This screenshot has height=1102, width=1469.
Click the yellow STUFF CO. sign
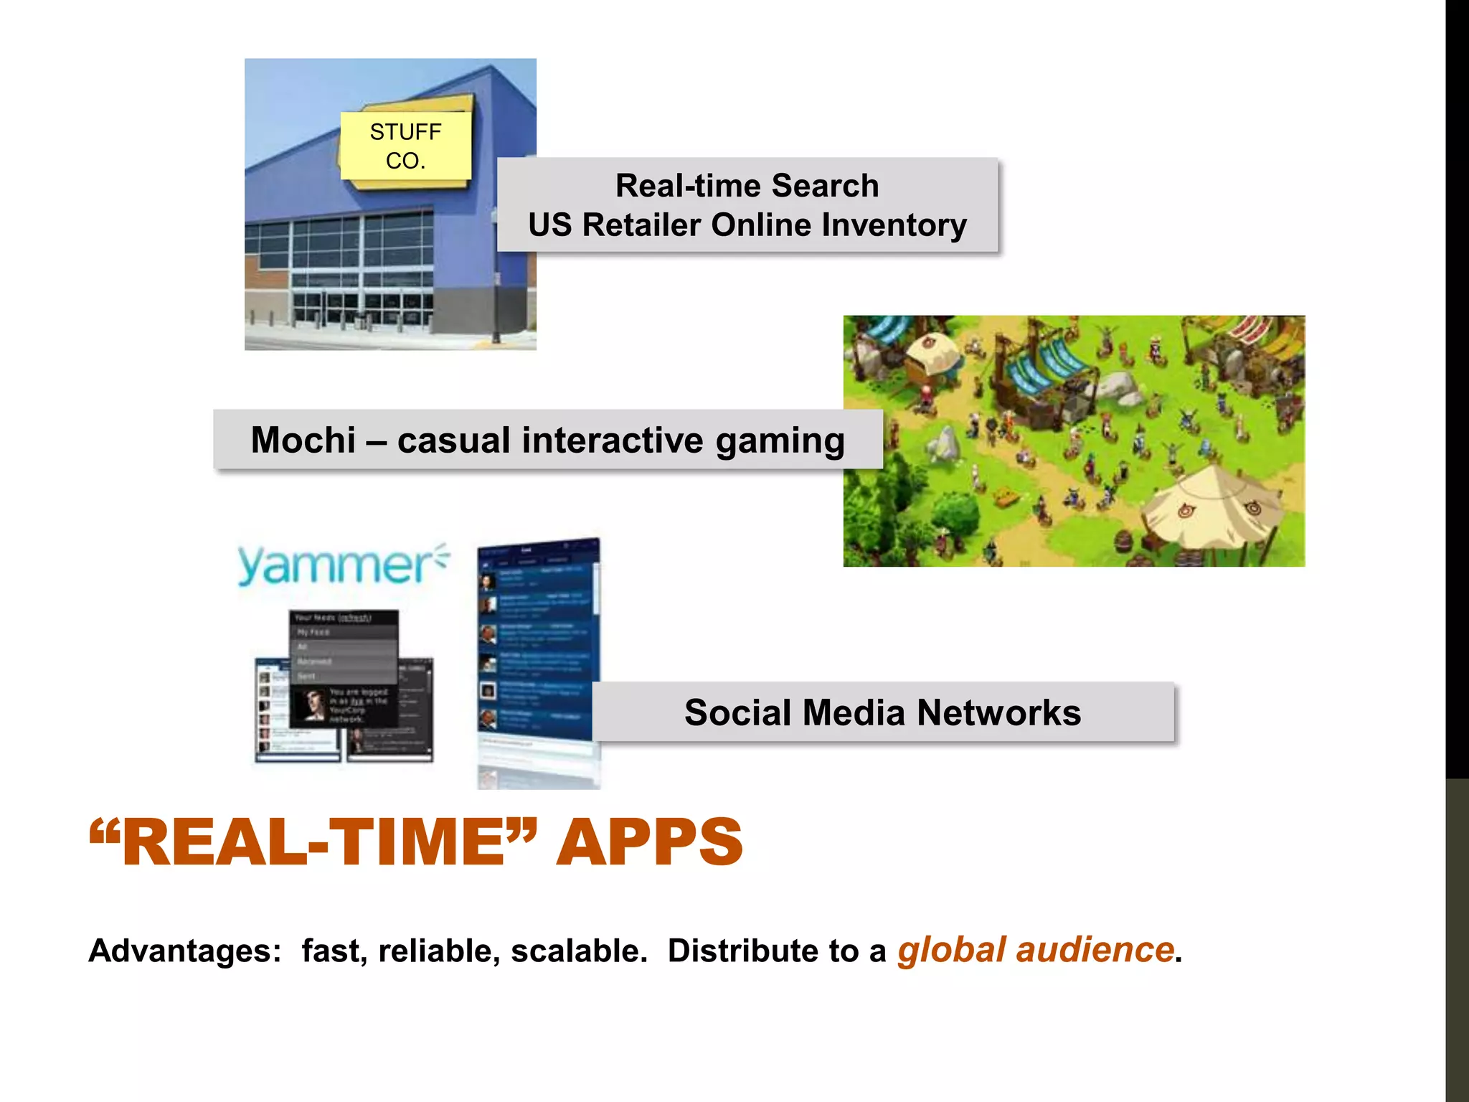coord(405,146)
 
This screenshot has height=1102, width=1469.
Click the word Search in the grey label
coord(825,186)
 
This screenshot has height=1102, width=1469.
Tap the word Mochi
coord(303,440)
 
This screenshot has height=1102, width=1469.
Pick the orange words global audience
coord(1035,951)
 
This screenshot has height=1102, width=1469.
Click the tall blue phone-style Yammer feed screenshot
coord(538,660)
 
